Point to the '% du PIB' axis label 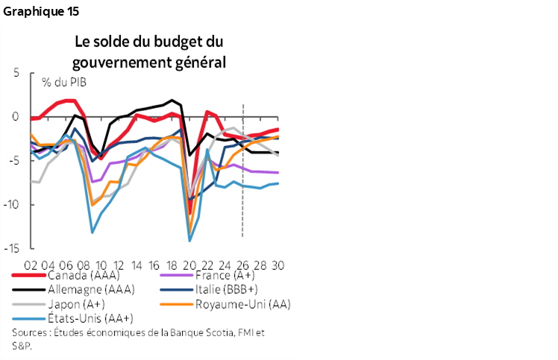click(63, 81)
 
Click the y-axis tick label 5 click(15, 73)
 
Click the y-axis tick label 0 click(15, 117)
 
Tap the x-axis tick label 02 click(31, 265)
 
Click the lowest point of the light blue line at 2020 click(189, 240)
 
